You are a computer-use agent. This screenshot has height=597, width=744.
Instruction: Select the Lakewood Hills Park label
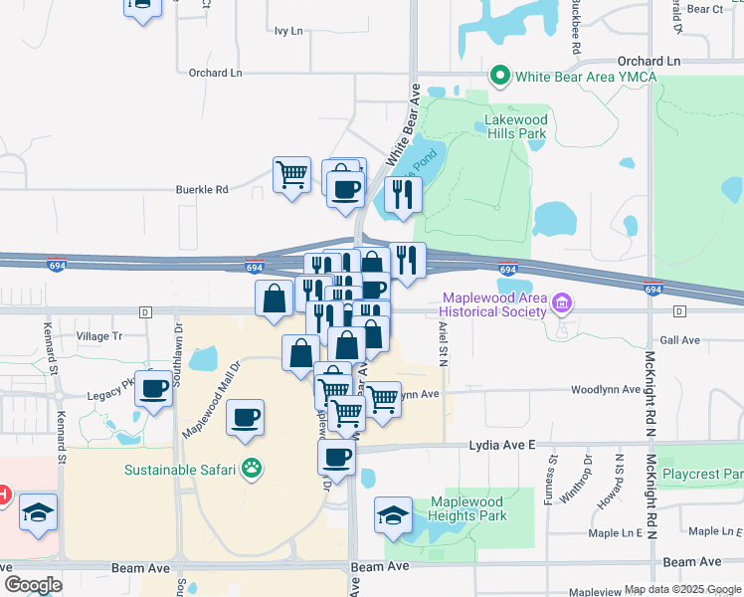pyautogui.click(x=515, y=126)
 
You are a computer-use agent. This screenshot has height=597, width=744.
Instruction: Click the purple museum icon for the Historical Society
pyautogui.click(x=563, y=302)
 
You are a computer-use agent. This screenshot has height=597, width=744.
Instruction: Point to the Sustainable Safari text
pyautogui.click(x=179, y=470)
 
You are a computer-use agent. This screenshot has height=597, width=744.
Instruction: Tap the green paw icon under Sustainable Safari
pyautogui.click(x=254, y=470)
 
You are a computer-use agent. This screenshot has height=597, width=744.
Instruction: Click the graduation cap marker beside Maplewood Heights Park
pyautogui.click(x=394, y=515)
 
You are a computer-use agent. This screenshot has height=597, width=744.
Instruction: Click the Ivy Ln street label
pyautogui.click(x=288, y=31)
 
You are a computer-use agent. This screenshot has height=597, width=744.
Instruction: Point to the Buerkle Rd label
pyautogui.click(x=203, y=189)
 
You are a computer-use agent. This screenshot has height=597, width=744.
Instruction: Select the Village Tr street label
pyautogui.click(x=98, y=336)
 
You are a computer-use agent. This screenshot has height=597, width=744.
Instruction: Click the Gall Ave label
pyautogui.click(x=680, y=340)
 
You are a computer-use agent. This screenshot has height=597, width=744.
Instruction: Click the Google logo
pyautogui.click(x=33, y=585)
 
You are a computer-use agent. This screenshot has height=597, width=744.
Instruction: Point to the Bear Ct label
pyautogui.click(x=704, y=9)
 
